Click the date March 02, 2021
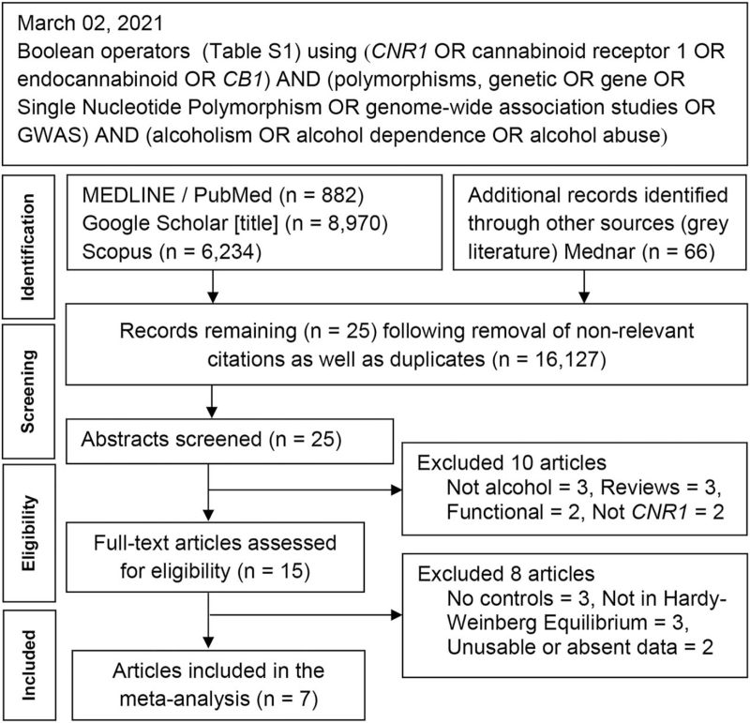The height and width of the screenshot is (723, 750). pos(90,23)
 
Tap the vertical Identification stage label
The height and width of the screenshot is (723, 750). pos(28,247)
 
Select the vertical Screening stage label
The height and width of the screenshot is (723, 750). pos(28,392)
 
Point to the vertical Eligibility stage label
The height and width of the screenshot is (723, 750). pos(28,533)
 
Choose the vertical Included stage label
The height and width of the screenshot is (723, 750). pos(28,666)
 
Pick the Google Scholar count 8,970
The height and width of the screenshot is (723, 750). pos(354,223)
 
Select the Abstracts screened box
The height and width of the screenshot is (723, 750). pos(230,441)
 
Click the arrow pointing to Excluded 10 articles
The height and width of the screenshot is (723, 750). pos(306,490)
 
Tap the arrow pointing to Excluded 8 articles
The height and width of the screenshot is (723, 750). pos(306,614)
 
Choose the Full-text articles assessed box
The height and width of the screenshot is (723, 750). pos(215,557)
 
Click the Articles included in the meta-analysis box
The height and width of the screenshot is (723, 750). pos(218,685)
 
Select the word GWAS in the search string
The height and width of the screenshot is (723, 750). pos(51,135)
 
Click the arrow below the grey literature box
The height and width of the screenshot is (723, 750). pos(584,286)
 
